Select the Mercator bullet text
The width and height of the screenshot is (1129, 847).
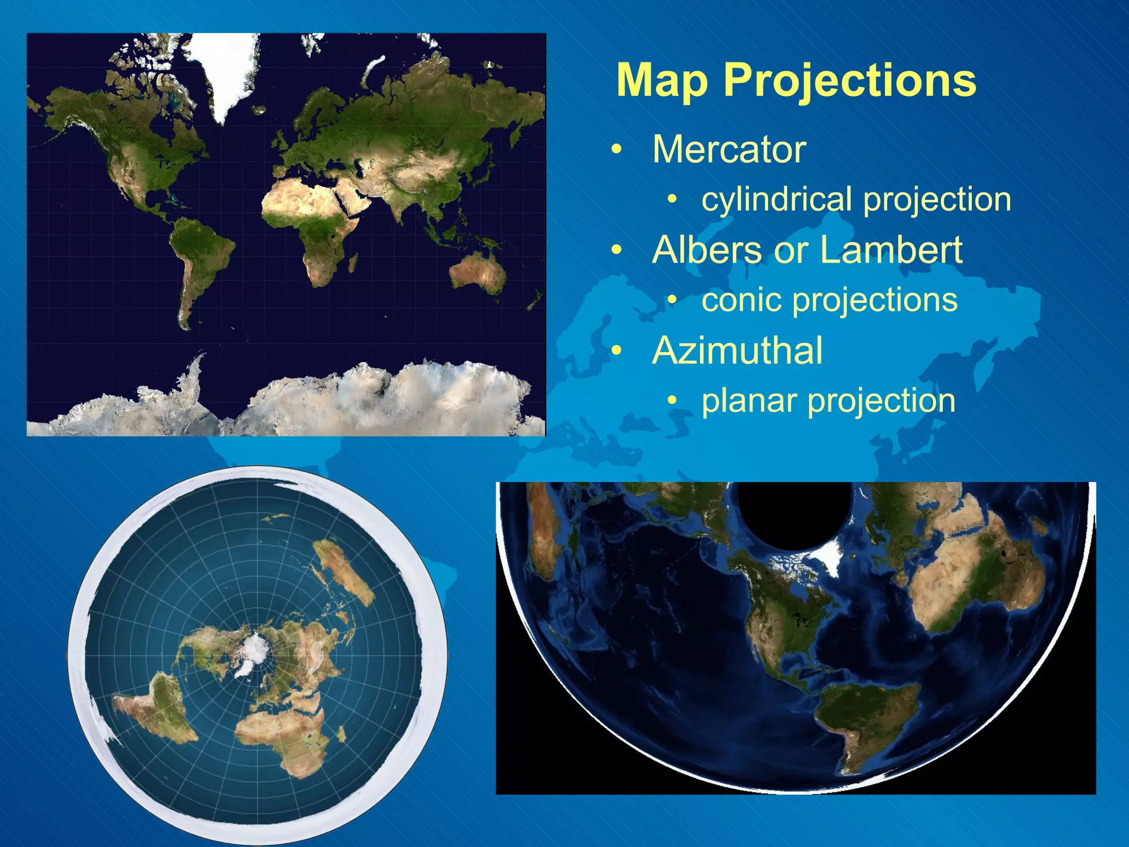(x=729, y=149)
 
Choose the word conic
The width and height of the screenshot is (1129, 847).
(x=741, y=301)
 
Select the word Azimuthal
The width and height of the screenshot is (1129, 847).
(x=737, y=351)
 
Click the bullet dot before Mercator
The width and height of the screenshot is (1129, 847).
(x=617, y=150)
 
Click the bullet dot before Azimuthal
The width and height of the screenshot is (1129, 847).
(x=617, y=351)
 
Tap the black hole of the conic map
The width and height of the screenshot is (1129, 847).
(x=794, y=510)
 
